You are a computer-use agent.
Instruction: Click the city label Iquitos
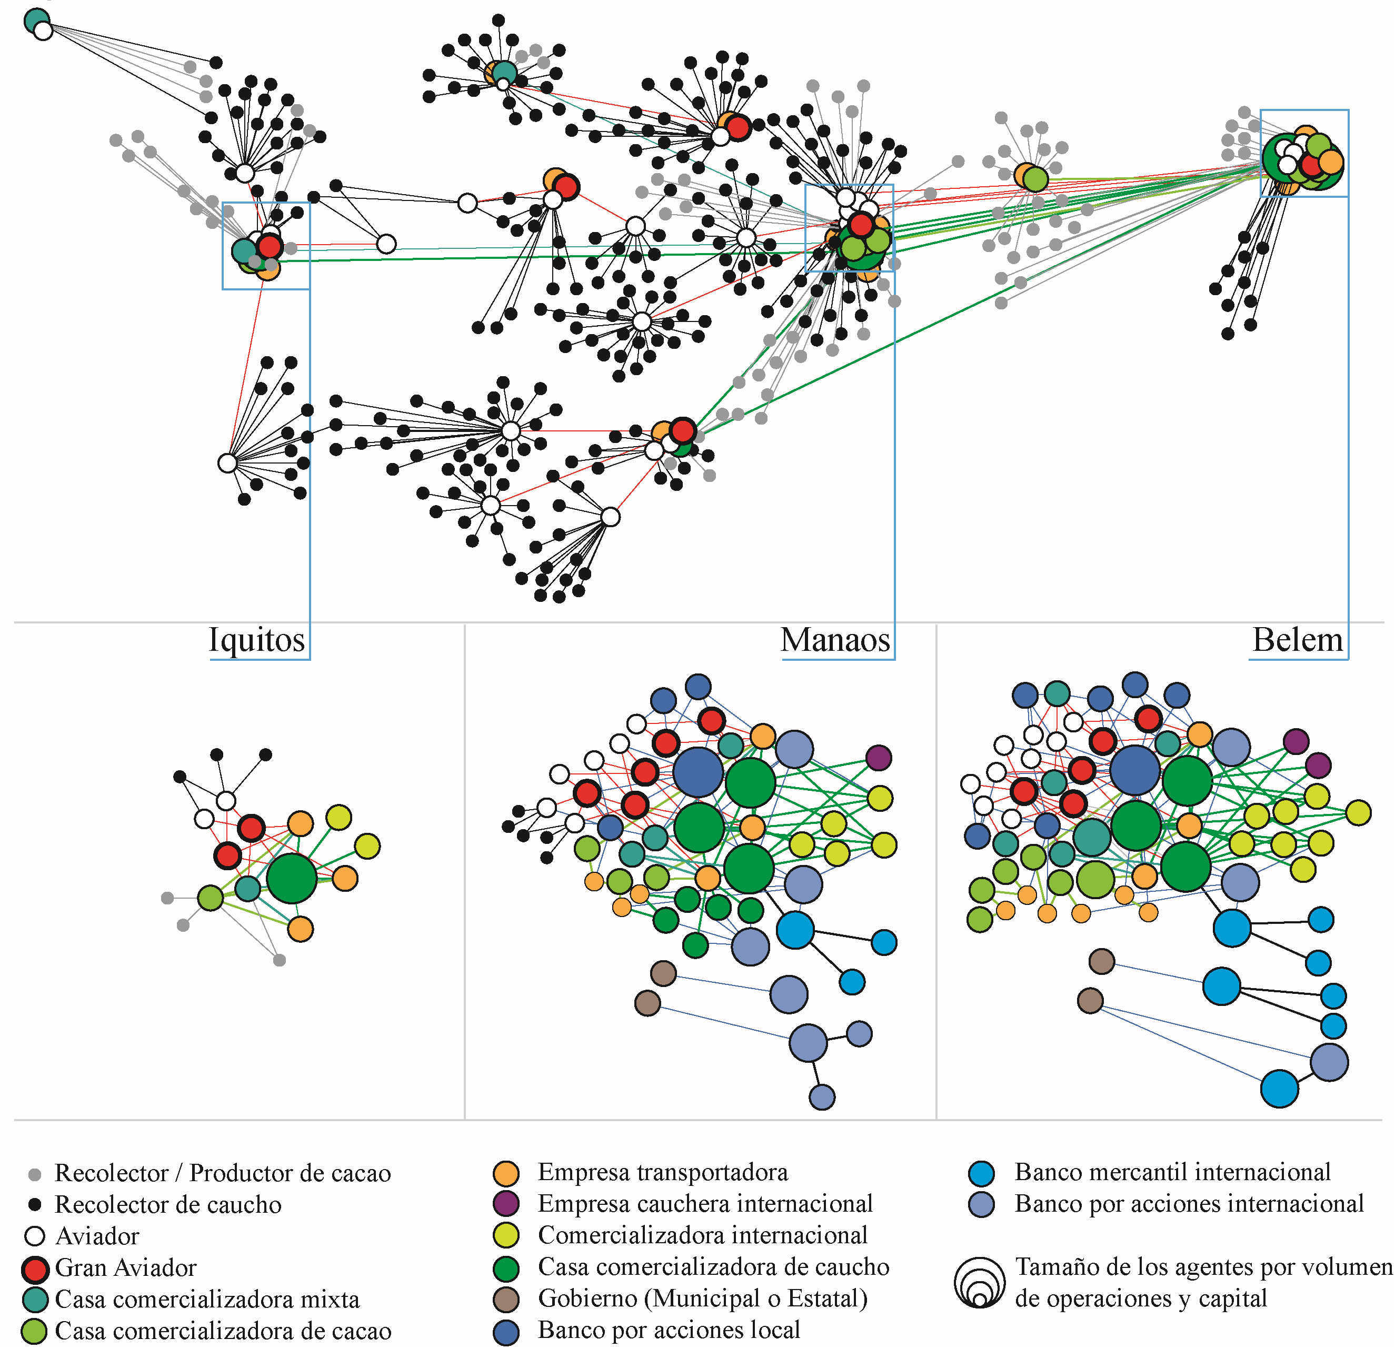[x=256, y=640]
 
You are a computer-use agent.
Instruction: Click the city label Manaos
[x=835, y=640]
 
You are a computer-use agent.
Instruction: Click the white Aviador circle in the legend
[x=35, y=1236]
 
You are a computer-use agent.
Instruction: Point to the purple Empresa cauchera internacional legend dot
[x=505, y=1204]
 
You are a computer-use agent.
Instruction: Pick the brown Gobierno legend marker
[x=505, y=1299]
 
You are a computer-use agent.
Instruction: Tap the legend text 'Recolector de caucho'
[x=168, y=1204]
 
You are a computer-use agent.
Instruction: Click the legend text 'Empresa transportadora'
[x=663, y=1172]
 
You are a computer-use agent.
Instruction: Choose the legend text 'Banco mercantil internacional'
[x=1172, y=1172]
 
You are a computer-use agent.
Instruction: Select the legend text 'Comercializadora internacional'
[x=702, y=1235]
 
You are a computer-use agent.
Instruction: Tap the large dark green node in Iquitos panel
[x=292, y=879]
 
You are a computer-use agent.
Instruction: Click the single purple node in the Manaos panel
[x=878, y=758]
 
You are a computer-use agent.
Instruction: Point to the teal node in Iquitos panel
[x=248, y=889]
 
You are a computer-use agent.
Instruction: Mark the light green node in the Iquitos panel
[x=210, y=898]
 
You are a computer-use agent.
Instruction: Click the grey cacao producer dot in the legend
[x=34, y=1174]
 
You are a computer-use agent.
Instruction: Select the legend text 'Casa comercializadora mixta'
[x=207, y=1299]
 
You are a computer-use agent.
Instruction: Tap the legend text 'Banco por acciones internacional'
[x=1189, y=1204]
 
